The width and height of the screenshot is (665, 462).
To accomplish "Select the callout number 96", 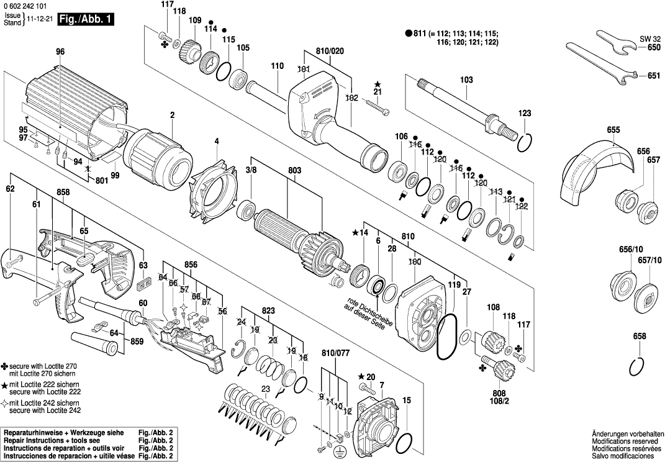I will point(60,52).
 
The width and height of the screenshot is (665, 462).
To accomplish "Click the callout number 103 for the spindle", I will point(466,80).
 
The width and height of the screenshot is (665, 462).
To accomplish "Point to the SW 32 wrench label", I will point(649,38).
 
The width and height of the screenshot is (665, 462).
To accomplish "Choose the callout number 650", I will point(654,47).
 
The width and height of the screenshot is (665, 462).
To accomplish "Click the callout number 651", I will point(654,76).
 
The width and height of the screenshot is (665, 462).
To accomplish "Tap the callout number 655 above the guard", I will point(613,130).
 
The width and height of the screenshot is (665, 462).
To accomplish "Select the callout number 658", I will point(640,336).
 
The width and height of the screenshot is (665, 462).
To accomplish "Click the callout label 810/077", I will point(335,352).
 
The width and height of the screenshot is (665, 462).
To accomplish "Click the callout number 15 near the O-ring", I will point(406,401).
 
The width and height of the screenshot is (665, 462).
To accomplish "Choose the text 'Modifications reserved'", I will point(625,440).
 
